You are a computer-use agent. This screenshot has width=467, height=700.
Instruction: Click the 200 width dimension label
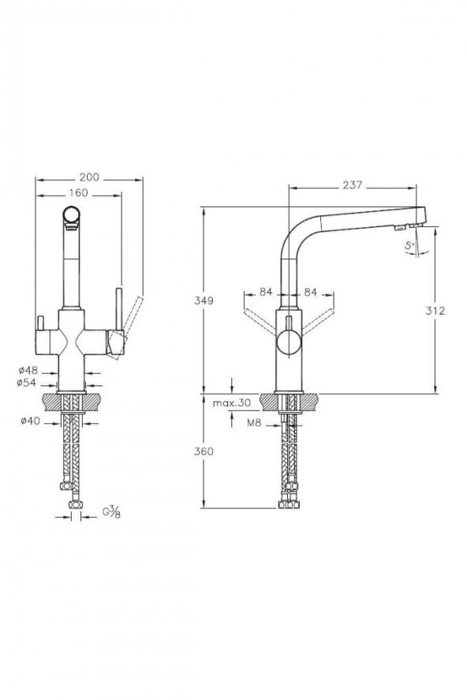click(89, 177)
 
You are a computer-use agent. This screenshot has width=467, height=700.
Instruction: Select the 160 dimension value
click(78, 193)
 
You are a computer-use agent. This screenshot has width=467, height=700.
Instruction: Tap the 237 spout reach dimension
click(352, 184)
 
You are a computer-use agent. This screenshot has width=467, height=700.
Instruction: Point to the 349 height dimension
click(204, 300)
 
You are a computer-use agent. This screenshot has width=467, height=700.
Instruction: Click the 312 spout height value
click(435, 311)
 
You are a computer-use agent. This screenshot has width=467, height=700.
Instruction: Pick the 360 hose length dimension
click(204, 452)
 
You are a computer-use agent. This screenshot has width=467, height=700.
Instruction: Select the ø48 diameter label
click(28, 370)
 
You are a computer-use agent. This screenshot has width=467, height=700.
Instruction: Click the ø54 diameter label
click(26, 382)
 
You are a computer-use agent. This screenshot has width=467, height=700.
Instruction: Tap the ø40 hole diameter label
click(31, 420)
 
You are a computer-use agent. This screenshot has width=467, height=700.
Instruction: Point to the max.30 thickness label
click(231, 403)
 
